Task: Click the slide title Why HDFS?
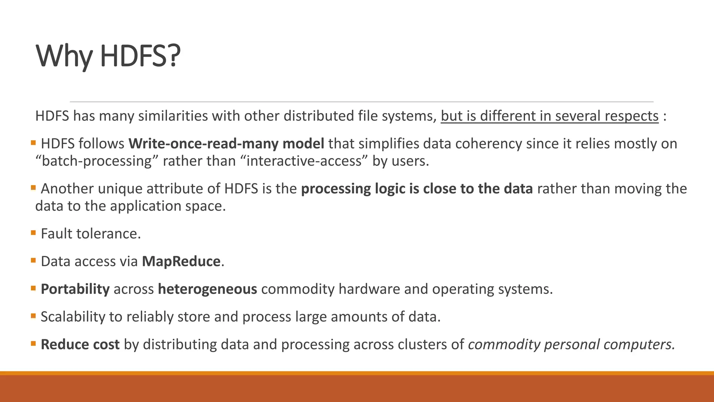click(x=108, y=56)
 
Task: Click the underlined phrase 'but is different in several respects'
click(x=549, y=116)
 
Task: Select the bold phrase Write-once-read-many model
click(x=226, y=144)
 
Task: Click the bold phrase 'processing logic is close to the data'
click(x=417, y=189)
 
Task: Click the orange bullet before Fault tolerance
click(x=33, y=232)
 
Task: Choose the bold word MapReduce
click(x=181, y=261)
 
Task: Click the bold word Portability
click(x=75, y=289)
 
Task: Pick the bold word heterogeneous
click(x=207, y=289)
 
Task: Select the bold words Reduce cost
click(x=80, y=344)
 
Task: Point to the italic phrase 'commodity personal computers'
click(x=571, y=344)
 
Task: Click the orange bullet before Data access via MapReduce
click(x=33, y=260)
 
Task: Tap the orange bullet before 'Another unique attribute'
click(x=33, y=187)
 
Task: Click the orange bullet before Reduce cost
click(x=33, y=343)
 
